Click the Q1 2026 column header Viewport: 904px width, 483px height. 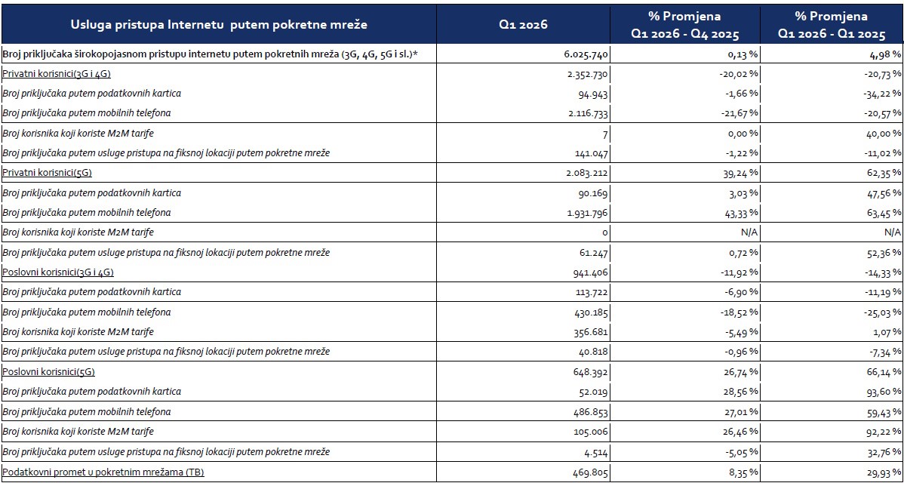(x=524, y=25)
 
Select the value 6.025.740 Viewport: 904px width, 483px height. (x=585, y=54)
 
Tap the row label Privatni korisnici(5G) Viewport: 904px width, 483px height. (x=49, y=173)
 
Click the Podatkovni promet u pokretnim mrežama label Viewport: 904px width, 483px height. (x=104, y=472)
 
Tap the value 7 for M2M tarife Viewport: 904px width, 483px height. (x=604, y=134)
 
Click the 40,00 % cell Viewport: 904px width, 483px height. (x=879, y=134)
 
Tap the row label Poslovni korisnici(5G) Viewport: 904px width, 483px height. (x=48, y=372)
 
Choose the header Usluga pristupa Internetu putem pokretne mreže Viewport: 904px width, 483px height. (x=219, y=25)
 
